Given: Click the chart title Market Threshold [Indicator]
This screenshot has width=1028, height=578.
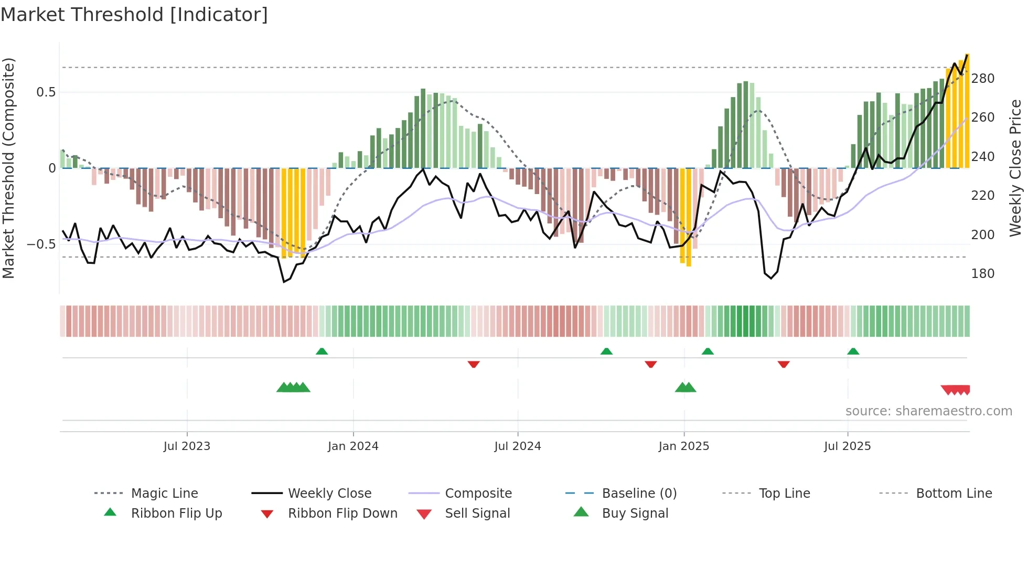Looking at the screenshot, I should (x=134, y=15).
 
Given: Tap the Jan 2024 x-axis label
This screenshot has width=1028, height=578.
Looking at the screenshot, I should (x=353, y=446).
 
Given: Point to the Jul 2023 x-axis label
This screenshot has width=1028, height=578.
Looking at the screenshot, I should (x=187, y=446).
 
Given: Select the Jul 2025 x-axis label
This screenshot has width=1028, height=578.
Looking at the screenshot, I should (x=847, y=446).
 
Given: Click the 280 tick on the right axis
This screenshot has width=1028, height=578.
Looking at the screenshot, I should (x=982, y=79).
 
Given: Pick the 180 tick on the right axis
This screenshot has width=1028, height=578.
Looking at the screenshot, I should (x=982, y=274).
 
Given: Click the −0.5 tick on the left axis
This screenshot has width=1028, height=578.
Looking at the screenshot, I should (x=41, y=244).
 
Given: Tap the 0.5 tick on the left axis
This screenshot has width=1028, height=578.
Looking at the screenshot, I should (x=46, y=92).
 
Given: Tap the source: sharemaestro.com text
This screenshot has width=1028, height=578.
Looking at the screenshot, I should (x=928, y=411).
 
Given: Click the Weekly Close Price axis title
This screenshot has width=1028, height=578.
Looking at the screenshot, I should (x=1015, y=168).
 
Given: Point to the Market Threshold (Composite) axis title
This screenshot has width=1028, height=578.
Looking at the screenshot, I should (x=8, y=168).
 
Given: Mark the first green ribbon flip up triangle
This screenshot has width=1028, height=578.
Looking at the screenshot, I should (x=322, y=351).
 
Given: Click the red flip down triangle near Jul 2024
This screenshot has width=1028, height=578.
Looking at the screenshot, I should (x=474, y=364).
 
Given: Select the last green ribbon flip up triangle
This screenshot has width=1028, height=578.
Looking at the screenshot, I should (x=853, y=351).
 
